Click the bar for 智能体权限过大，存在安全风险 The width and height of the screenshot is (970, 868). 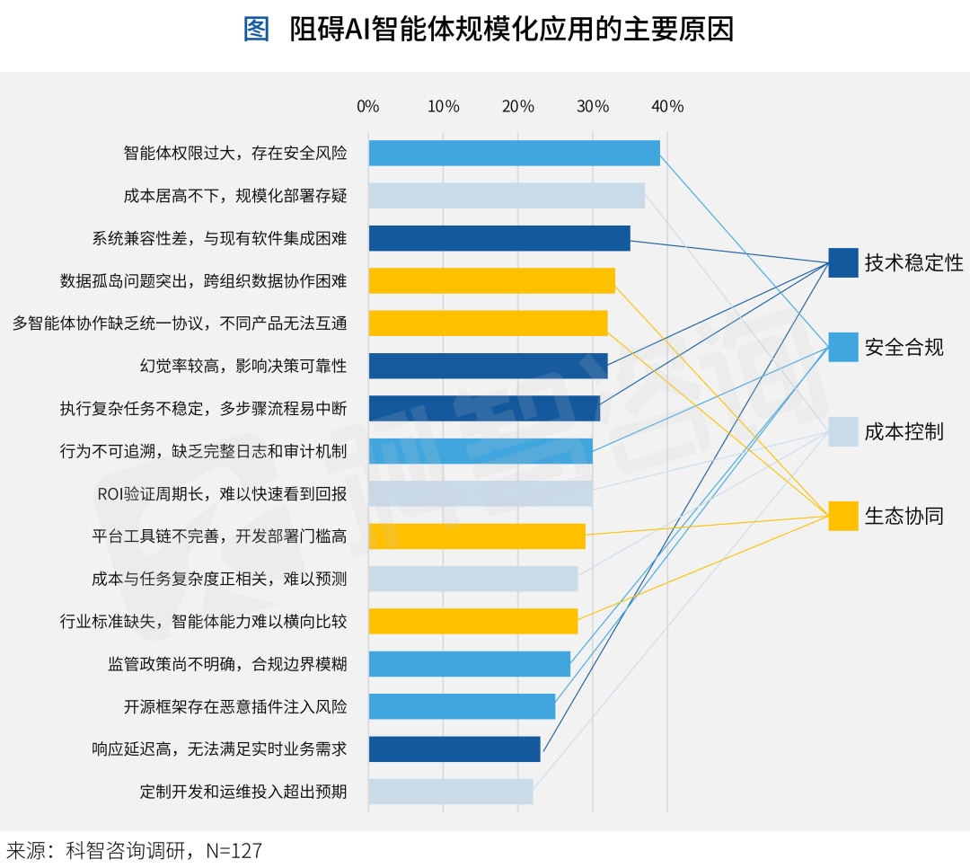point(514,153)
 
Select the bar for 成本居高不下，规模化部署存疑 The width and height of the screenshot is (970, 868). point(507,196)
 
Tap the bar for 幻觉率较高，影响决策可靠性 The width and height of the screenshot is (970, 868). point(488,366)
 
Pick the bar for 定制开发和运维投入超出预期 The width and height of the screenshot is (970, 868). point(450,792)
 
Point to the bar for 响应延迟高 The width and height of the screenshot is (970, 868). point(454,749)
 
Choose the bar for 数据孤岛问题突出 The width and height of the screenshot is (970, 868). point(491,281)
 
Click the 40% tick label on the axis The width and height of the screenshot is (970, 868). point(667,106)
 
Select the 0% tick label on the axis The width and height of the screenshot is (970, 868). point(368,106)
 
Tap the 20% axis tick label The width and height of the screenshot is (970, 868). point(518,106)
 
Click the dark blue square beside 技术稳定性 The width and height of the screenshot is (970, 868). point(843,262)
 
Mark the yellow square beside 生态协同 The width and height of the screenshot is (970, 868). point(843,516)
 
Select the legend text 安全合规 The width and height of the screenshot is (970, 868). point(904,347)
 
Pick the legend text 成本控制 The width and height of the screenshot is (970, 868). point(904,431)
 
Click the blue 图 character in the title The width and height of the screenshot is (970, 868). point(256,30)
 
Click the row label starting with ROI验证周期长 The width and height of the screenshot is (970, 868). point(221,494)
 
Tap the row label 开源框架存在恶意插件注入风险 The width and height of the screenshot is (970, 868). point(235,707)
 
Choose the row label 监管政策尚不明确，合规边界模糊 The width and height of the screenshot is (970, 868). point(227,664)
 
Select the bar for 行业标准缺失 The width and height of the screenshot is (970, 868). point(472,622)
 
